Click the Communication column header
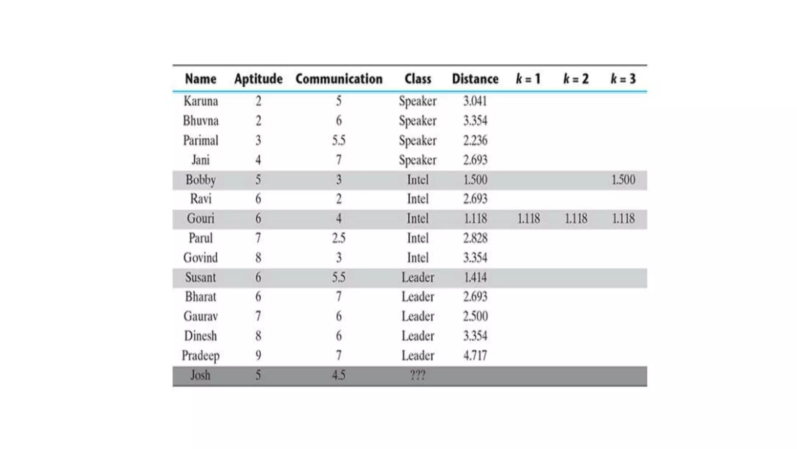(x=339, y=79)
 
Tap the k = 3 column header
(x=623, y=79)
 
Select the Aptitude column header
(x=258, y=79)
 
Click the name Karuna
(x=200, y=101)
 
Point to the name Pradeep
(x=200, y=355)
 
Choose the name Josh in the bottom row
(x=200, y=375)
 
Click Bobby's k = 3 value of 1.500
(x=623, y=180)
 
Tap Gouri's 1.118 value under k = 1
(x=528, y=218)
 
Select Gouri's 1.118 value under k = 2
(x=576, y=218)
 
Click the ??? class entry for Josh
(x=418, y=375)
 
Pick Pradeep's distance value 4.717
(x=475, y=355)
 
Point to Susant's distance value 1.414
(x=475, y=277)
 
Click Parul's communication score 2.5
(x=339, y=238)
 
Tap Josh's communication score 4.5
(x=339, y=375)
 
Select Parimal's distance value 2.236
(x=475, y=140)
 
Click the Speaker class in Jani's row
(x=418, y=160)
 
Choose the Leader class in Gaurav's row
(x=418, y=316)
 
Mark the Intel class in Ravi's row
(x=418, y=199)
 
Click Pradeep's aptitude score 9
(x=258, y=355)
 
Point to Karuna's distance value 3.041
(x=475, y=101)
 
